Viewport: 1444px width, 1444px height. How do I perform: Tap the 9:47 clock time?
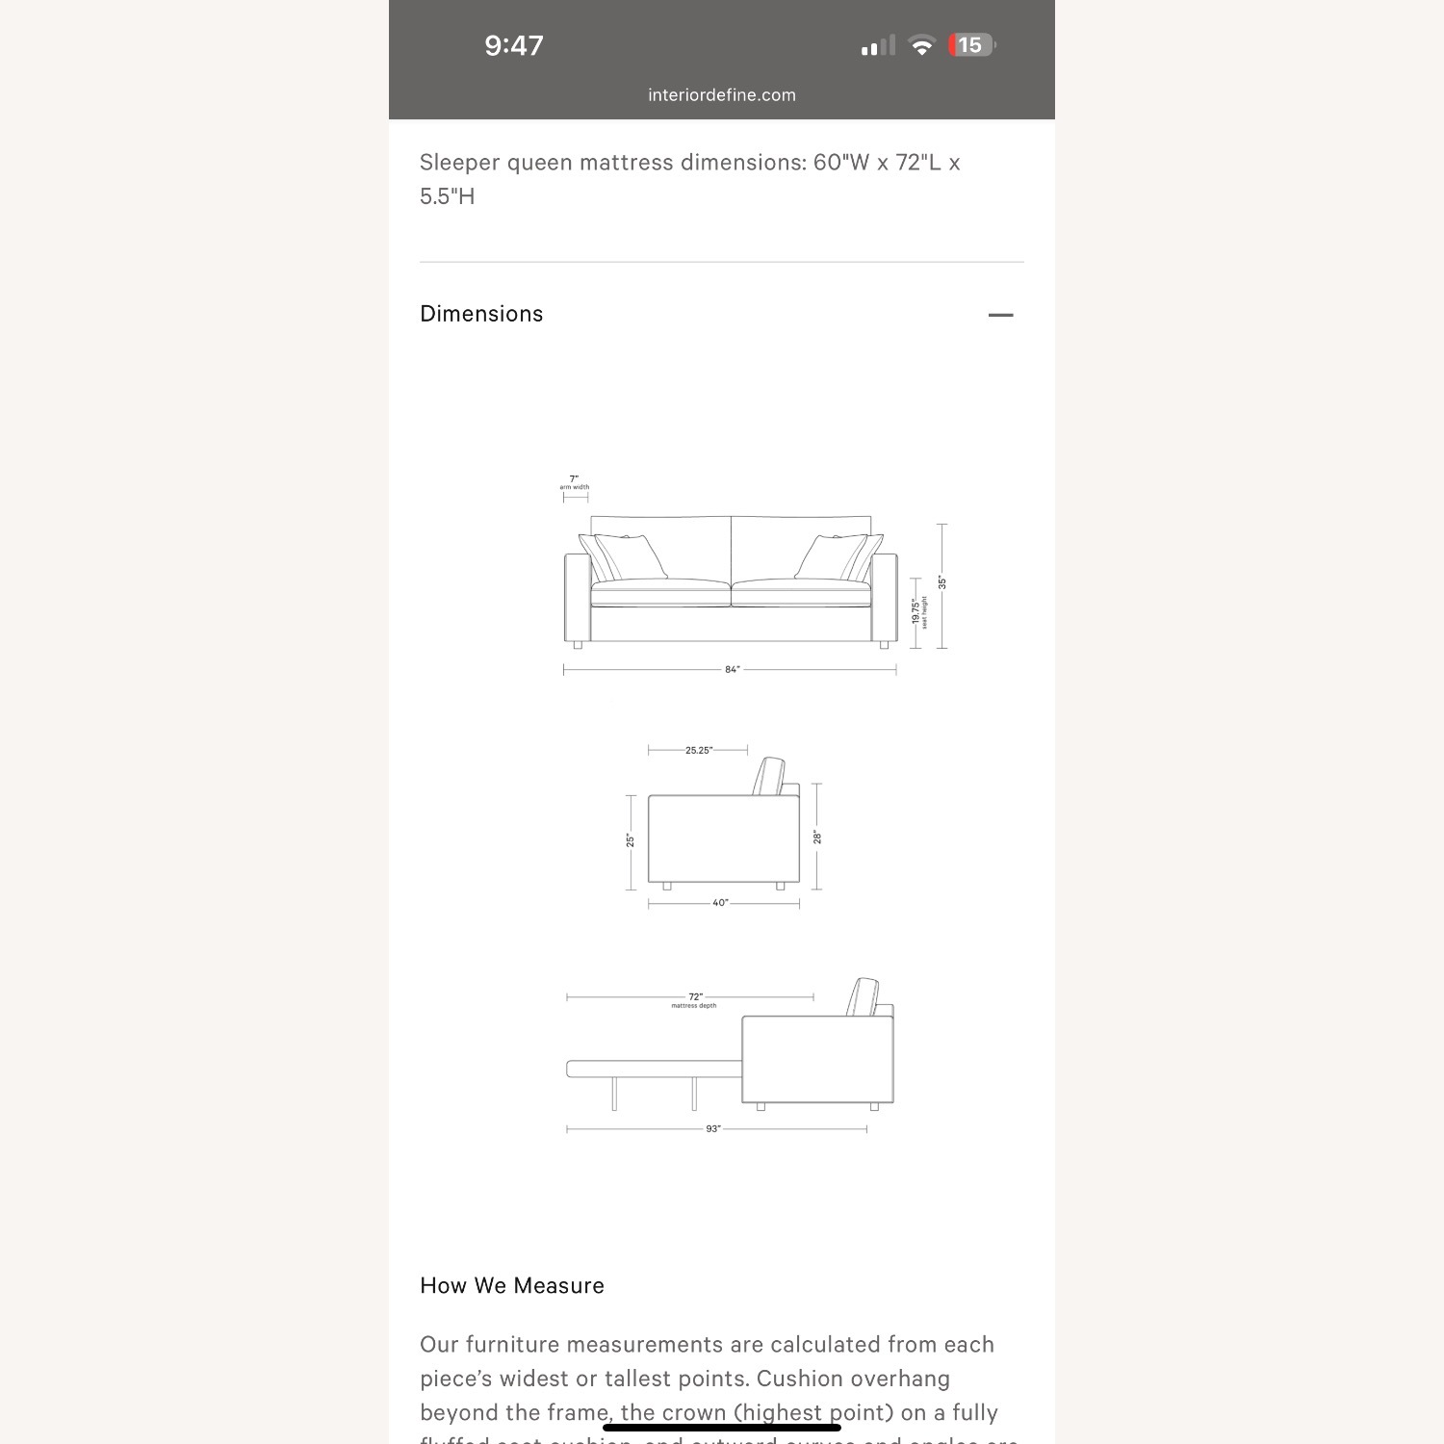pyautogui.click(x=514, y=45)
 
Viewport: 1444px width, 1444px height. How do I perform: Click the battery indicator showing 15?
pyautogui.click(x=971, y=45)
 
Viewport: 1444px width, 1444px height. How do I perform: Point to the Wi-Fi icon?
pyautogui.click(x=921, y=46)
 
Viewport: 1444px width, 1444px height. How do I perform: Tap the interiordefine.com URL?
pyautogui.click(x=722, y=95)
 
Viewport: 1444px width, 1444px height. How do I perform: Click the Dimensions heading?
pyautogui.click(x=481, y=314)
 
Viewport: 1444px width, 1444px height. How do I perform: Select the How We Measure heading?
pyautogui.click(x=512, y=1286)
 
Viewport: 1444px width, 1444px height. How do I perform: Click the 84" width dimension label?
pyautogui.click(x=732, y=669)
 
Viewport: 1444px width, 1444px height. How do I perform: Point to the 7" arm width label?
pyautogui.click(x=575, y=481)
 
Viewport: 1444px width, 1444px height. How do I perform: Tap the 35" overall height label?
pyautogui.click(x=942, y=583)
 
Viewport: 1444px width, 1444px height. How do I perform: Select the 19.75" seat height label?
pyautogui.click(x=917, y=611)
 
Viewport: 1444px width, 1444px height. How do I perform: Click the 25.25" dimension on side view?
pyautogui.click(x=699, y=750)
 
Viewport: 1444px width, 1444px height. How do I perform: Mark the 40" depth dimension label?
pyautogui.click(x=720, y=903)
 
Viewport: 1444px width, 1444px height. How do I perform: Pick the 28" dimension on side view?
pyautogui.click(x=817, y=837)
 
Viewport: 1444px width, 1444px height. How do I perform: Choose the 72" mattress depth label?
pyautogui.click(x=695, y=999)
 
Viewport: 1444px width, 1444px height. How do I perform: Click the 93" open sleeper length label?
pyautogui.click(x=713, y=1128)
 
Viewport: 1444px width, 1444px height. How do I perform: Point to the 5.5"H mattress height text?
pyautogui.click(x=448, y=196)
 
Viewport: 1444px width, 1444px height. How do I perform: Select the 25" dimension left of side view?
pyautogui.click(x=631, y=840)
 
